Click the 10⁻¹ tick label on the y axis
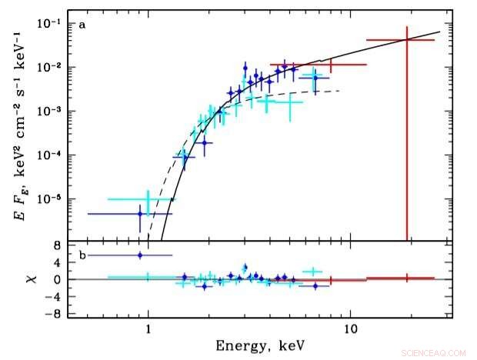click(52, 24)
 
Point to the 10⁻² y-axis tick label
click(52, 68)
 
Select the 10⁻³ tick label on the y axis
click(52, 112)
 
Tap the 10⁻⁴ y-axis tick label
click(52, 155)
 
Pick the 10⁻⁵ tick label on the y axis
click(52, 199)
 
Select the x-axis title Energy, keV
click(262, 346)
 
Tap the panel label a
click(82, 25)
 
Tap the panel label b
click(82, 252)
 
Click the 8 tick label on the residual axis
click(58, 245)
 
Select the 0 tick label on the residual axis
click(58, 279)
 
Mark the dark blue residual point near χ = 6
click(139, 255)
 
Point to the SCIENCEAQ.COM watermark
click(433, 352)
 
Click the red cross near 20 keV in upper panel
click(406, 40)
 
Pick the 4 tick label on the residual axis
click(58, 262)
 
